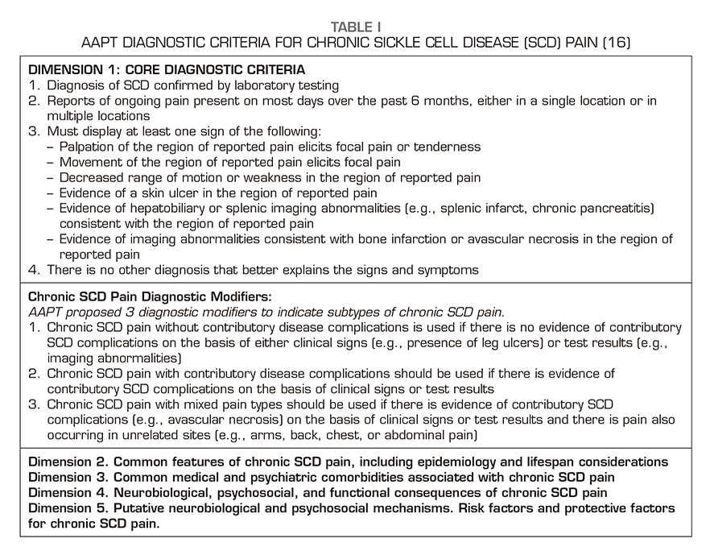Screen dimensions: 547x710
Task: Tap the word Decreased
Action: click(89, 177)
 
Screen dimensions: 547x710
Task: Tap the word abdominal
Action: click(427, 436)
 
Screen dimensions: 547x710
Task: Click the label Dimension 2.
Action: click(68, 462)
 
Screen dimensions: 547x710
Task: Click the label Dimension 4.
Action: click(68, 493)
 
